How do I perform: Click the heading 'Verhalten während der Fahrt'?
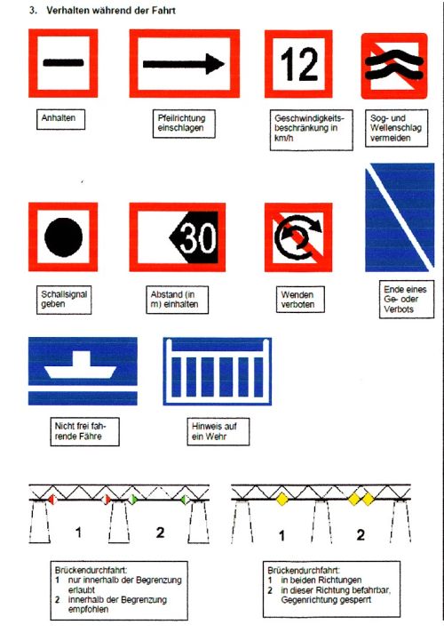pyautogui.click(x=111, y=11)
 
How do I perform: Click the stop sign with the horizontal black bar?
pyautogui.click(x=63, y=63)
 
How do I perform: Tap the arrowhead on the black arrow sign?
pyautogui.click(x=215, y=64)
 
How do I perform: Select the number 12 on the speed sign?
pyautogui.click(x=299, y=64)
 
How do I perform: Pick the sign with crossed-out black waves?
pyautogui.click(x=394, y=66)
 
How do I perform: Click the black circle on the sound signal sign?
pyautogui.click(x=63, y=237)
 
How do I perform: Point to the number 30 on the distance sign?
pyautogui.click(x=198, y=237)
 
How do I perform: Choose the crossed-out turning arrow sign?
pyautogui.click(x=298, y=237)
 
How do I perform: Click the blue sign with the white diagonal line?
pyautogui.click(x=400, y=217)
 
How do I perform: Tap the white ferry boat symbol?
pyautogui.click(x=81, y=365)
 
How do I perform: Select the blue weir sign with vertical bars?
pyautogui.click(x=217, y=372)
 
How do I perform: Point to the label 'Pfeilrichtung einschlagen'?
pyautogui.click(x=181, y=123)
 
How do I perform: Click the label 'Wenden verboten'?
pyautogui.click(x=297, y=300)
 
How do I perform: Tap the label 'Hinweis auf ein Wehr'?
pyautogui.click(x=214, y=431)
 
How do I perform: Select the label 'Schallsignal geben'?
pyautogui.click(x=64, y=300)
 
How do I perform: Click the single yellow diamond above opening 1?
pyautogui.click(x=282, y=499)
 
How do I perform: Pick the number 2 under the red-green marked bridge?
pyautogui.click(x=161, y=532)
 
